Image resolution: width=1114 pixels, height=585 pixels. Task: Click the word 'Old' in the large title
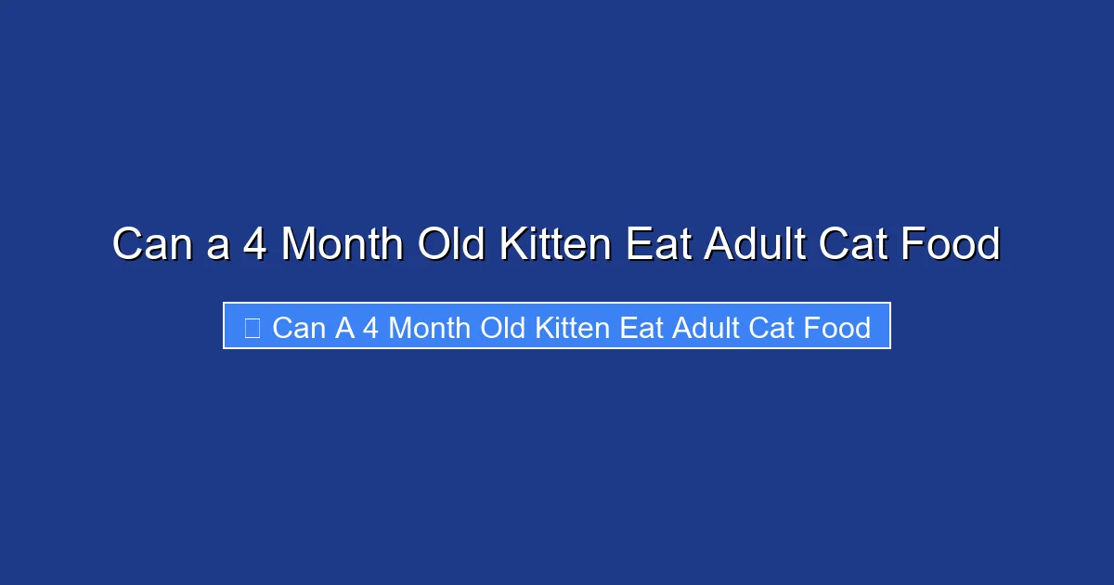tap(451, 245)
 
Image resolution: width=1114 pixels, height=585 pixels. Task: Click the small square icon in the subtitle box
tap(252, 327)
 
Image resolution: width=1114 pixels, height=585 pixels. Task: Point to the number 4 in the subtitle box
tap(369, 328)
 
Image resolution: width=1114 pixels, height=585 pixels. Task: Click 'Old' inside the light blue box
tap(502, 328)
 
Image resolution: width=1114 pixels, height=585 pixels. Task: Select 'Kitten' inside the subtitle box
tap(573, 328)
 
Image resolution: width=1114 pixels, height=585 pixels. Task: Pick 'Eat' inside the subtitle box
tap(641, 328)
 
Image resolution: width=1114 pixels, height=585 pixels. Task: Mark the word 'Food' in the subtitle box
tap(839, 328)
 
